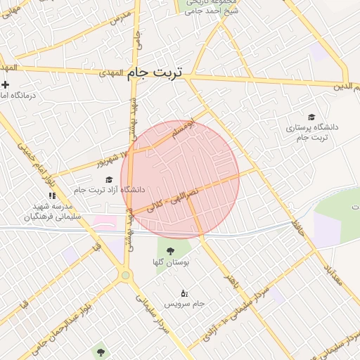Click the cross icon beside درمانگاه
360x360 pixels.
tap(5, 84)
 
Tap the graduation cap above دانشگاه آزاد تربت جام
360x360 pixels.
tap(109, 179)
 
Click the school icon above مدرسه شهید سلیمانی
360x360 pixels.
tap(51, 195)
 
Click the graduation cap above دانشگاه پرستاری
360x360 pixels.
tap(311, 117)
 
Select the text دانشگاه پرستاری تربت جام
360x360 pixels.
tap(311, 131)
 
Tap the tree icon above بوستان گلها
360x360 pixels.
tap(169, 250)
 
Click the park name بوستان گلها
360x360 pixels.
tap(168, 262)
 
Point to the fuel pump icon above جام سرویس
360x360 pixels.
tap(184, 292)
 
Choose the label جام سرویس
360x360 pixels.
tap(184, 304)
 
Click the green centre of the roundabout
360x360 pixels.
tap(126, 276)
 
